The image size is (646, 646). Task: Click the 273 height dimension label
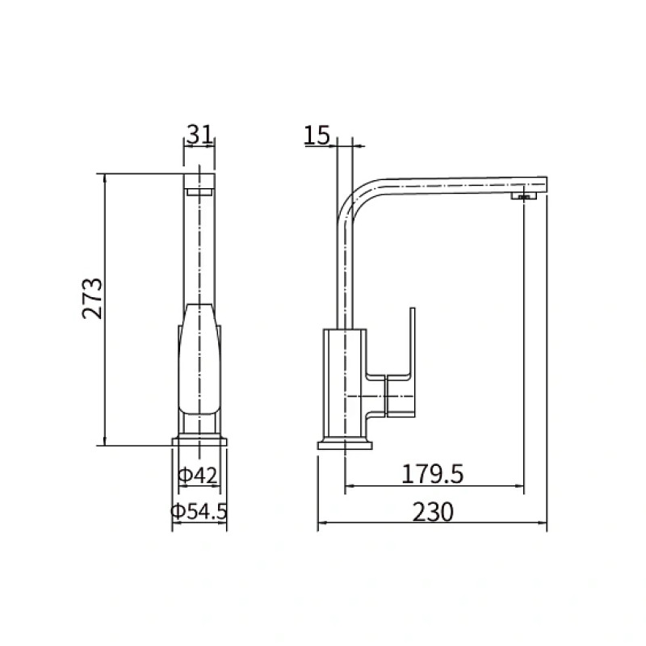coord(92,299)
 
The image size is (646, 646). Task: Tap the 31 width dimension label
coord(199,134)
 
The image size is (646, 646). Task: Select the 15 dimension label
coord(317,135)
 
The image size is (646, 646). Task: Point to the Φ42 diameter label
coord(197,476)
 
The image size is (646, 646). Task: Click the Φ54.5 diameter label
coord(199,511)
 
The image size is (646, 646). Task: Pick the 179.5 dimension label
coord(432,474)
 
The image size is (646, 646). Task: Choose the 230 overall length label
coord(433,512)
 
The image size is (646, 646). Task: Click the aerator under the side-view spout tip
coord(524,195)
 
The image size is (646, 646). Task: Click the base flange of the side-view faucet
coord(345,445)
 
